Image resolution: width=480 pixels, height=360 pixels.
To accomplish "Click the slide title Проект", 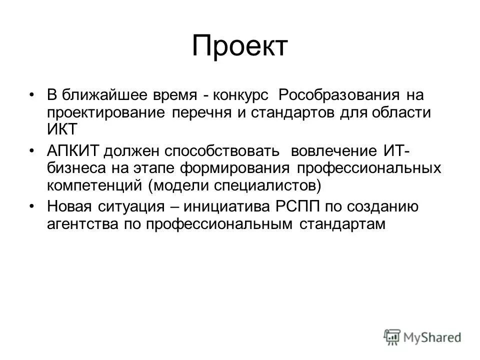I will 240,46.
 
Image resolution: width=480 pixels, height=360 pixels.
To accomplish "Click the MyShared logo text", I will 431,336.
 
